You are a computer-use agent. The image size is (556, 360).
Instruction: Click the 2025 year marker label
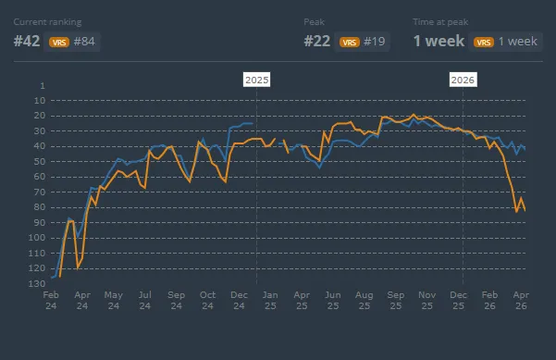click(256, 80)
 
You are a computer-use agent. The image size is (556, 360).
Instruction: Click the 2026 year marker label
click(463, 80)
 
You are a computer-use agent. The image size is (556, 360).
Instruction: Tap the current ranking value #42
click(28, 42)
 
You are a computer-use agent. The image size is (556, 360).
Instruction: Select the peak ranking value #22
click(318, 42)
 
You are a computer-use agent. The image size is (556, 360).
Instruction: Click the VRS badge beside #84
click(59, 42)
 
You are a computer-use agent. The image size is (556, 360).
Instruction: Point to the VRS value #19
click(374, 42)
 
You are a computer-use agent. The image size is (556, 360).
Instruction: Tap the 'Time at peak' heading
click(441, 20)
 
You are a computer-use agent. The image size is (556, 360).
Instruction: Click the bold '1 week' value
click(439, 42)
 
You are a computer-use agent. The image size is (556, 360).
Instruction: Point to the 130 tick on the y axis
click(36, 283)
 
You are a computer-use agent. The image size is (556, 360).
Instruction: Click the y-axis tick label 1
click(42, 85)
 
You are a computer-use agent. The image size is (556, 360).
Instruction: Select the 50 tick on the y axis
click(38, 161)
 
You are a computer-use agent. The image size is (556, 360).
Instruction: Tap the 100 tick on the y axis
click(36, 238)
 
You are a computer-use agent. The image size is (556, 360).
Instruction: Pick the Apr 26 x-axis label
click(521, 300)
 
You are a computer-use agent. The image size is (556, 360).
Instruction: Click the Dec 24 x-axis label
click(239, 300)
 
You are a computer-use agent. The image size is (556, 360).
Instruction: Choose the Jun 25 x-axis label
click(333, 300)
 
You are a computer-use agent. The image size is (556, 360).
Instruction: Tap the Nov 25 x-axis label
click(426, 300)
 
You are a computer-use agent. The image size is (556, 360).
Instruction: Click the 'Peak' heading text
click(315, 20)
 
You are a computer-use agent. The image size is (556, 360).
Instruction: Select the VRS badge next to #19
click(350, 42)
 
